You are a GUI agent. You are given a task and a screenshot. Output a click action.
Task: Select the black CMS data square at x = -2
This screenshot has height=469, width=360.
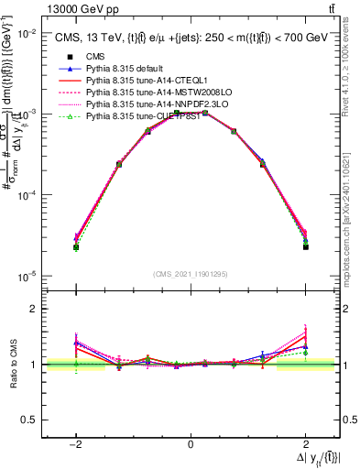tap(76, 247)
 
